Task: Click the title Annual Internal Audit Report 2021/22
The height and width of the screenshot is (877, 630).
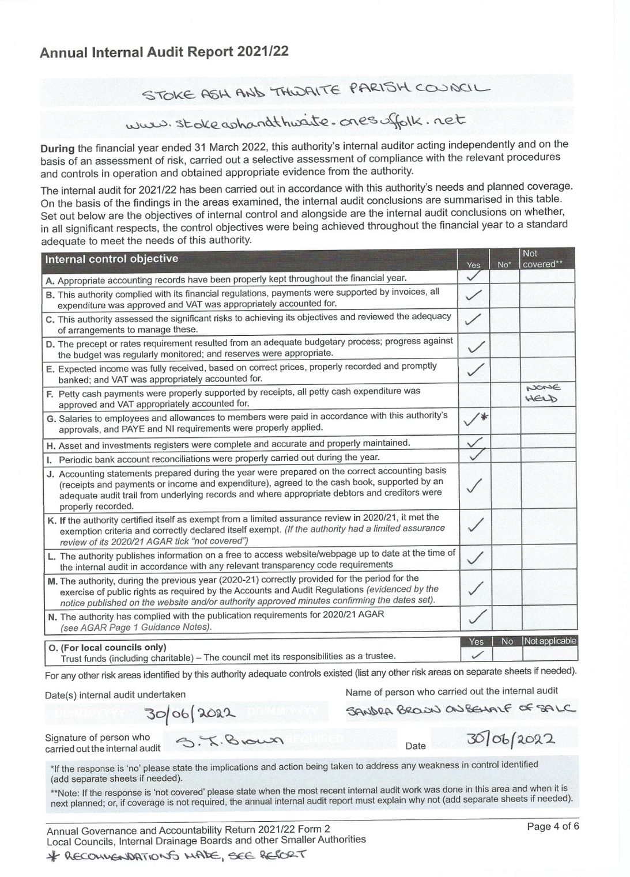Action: [x=164, y=52]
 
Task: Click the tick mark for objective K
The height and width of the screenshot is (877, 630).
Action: [x=474, y=526]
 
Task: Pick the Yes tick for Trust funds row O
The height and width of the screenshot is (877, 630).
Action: [x=477, y=655]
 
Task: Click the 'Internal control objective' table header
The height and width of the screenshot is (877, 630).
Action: [x=112, y=259]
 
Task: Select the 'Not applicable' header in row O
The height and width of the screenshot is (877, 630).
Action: [x=550, y=641]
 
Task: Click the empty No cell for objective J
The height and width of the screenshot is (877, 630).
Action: [x=505, y=487]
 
